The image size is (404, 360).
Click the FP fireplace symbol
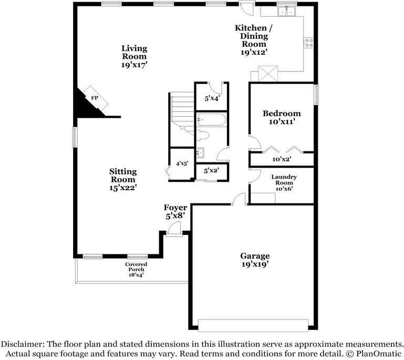click(x=95, y=98)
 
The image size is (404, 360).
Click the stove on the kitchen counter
click(x=309, y=41)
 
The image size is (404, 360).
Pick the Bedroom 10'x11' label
click(x=282, y=117)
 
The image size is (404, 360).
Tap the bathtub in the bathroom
click(x=211, y=120)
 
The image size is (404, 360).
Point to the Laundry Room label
click(x=284, y=182)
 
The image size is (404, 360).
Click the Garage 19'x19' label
click(x=255, y=260)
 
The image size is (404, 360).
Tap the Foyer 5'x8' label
click(x=175, y=212)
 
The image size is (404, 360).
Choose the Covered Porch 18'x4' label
click(x=136, y=269)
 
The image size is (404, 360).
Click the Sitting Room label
click(x=123, y=179)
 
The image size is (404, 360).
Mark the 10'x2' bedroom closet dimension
click(x=282, y=159)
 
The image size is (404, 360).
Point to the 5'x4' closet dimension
click(x=211, y=97)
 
